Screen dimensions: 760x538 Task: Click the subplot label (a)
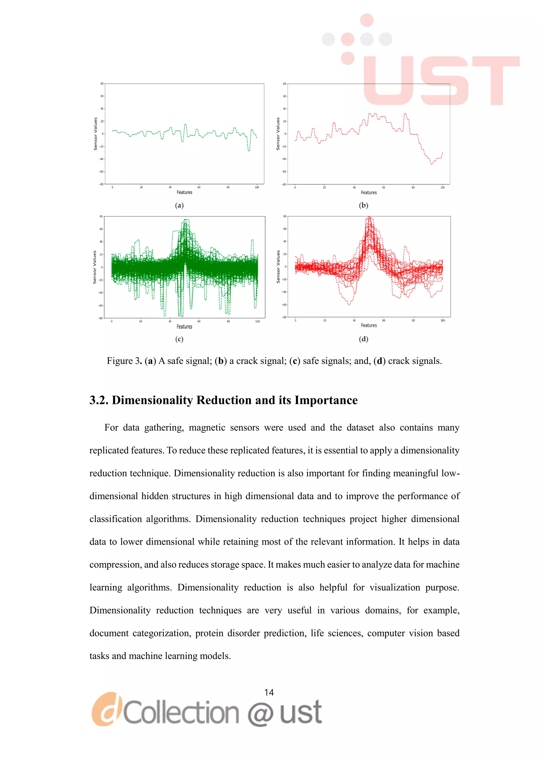pyautogui.click(x=179, y=205)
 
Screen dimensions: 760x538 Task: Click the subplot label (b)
pyautogui.click(x=363, y=205)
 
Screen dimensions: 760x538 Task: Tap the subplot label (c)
pyautogui.click(x=179, y=339)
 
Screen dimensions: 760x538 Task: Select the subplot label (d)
pyautogui.click(x=363, y=339)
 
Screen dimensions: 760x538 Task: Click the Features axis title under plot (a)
pyautogui.click(x=184, y=192)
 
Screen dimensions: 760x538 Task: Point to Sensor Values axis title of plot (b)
pyautogui.click(x=278, y=134)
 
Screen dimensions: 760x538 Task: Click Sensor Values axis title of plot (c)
pyautogui.click(x=94, y=267)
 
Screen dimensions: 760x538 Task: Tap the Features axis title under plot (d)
pyautogui.click(x=369, y=325)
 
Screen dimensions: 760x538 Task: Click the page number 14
pyautogui.click(x=269, y=693)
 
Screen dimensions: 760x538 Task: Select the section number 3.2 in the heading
pyautogui.click(x=99, y=400)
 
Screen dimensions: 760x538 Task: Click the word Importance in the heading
pyautogui.click(x=326, y=400)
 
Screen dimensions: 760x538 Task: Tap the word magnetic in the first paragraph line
pyautogui.click(x=207, y=428)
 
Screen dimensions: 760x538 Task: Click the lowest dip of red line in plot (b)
pyautogui.click(x=431, y=164)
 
